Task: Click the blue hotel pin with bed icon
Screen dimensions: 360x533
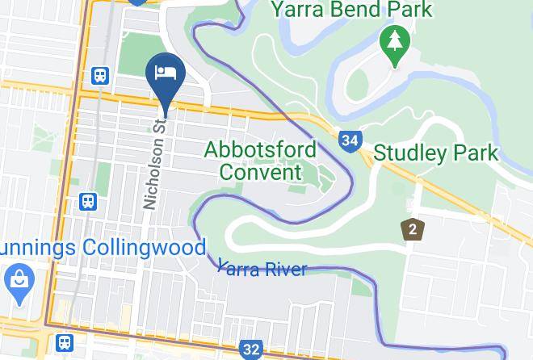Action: [x=166, y=73]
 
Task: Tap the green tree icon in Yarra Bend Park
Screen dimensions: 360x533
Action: [x=394, y=44]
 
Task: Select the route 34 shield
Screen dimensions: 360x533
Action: [x=349, y=141]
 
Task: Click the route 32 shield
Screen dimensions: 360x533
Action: [x=251, y=350]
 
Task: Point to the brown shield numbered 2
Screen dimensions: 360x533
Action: [x=413, y=229]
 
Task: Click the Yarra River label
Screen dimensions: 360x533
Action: [x=262, y=268]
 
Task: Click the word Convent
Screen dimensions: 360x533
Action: [x=260, y=171]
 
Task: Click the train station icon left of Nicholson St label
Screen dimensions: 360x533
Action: [x=87, y=201]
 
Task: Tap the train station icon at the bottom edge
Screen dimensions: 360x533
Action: [x=65, y=344]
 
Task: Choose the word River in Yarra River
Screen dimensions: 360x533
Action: [x=283, y=268]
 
